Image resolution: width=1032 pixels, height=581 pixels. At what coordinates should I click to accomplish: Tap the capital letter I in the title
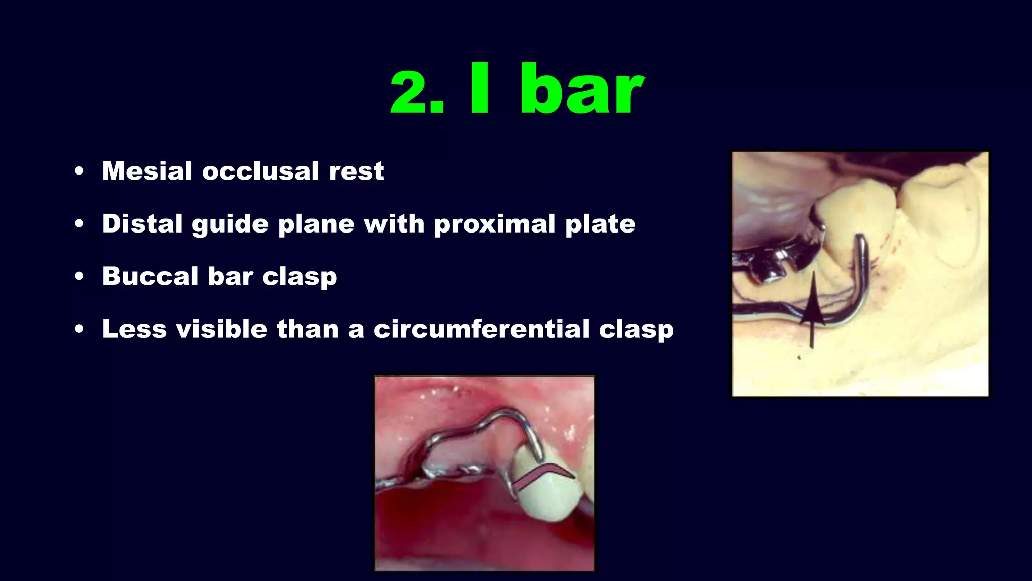[480, 89]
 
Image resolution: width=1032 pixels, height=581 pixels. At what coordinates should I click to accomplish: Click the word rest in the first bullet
[356, 171]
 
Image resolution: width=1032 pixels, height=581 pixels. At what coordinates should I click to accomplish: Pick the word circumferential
[481, 329]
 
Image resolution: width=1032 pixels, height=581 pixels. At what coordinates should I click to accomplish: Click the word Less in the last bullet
[134, 329]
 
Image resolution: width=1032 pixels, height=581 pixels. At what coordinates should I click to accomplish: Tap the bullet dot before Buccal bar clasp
[79, 277]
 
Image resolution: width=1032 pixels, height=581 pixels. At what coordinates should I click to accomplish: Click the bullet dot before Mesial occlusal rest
[79, 171]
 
